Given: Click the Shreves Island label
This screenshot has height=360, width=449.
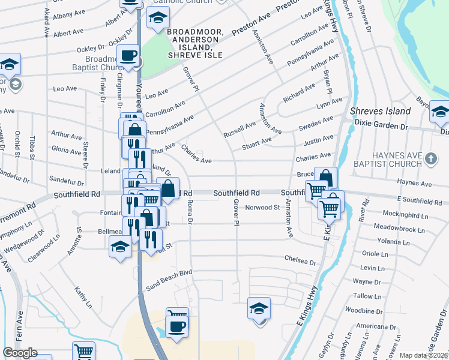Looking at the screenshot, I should [x=381, y=111].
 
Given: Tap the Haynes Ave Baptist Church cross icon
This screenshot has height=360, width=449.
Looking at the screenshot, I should [x=430, y=159].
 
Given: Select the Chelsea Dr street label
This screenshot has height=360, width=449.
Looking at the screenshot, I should [x=300, y=262].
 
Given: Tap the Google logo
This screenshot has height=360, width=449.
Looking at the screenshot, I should [x=20, y=353].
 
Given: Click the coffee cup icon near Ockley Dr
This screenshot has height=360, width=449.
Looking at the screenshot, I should [x=128, y=56].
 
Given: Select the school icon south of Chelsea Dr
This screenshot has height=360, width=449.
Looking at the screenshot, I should [x=259, y=309].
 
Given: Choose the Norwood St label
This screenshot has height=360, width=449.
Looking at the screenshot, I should [x=263, y=208].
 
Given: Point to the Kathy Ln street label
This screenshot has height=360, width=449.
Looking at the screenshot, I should [x=83, y=297].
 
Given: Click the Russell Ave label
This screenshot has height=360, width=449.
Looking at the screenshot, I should [x=240, y=129].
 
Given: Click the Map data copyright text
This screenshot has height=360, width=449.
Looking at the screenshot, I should [x=424, y=355].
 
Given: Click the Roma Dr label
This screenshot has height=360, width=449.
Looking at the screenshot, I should [x=188, y=213].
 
